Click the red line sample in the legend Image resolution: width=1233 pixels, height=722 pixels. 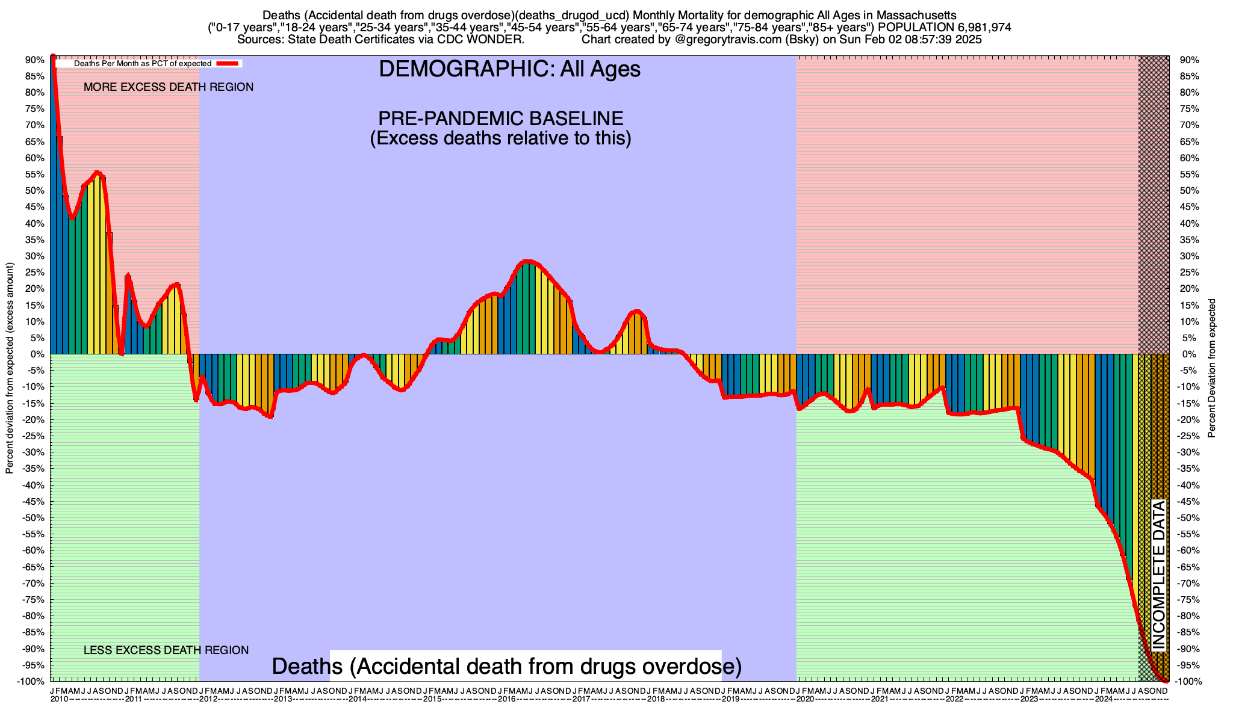pos(228,63)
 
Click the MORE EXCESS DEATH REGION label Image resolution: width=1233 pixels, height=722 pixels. pos(169,87)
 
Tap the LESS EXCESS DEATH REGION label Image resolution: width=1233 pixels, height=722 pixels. pos(166,650)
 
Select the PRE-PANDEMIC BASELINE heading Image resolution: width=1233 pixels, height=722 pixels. pos(500,118)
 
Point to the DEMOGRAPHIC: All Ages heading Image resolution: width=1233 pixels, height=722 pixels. pos(509,69)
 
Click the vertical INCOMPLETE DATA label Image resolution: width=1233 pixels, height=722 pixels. pos(1159,575)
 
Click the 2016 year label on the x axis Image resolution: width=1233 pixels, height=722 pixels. pos(506,700)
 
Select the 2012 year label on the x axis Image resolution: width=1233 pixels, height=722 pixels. pos(208,700)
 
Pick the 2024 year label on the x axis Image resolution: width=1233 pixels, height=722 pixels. pos(1104,700)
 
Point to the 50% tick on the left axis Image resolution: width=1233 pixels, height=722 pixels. pos(35,191)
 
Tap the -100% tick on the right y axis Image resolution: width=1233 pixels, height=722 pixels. pos(1189,682)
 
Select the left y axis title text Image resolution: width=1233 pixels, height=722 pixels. pos(10,368)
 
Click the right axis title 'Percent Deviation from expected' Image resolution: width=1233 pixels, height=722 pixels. pos(1212,368)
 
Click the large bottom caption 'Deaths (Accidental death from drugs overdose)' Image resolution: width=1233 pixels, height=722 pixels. pos(506,667)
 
